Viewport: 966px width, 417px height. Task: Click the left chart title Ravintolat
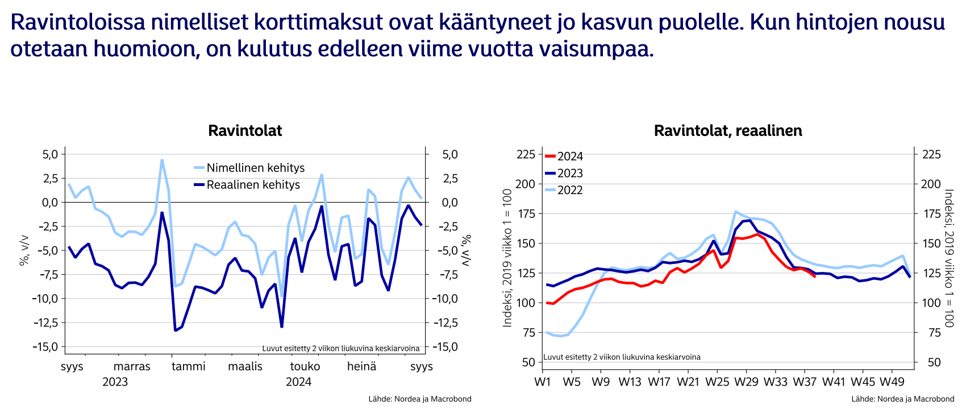(x=245, y=131)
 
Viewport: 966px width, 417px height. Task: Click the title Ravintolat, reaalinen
(x=728, y=131)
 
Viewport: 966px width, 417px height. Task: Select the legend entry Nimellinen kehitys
(x=255, y=168)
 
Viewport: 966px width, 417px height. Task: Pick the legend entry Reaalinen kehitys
(x=253, y=185)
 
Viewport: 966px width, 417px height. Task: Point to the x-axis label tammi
(x=189, y=366)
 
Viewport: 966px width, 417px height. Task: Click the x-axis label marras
(x=132, y=366)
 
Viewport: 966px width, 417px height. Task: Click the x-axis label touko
(x=305, y=366)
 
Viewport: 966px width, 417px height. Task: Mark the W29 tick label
(x=746, y=382)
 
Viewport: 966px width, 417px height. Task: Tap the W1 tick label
(x=543, y=382)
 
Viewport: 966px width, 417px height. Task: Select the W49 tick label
(x=892, y=382)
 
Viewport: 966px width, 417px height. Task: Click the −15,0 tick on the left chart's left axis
(x=45, y=347)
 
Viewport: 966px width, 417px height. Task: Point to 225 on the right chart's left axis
(x=525, y=155)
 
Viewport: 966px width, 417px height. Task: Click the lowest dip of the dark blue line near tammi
(x=175, y=330)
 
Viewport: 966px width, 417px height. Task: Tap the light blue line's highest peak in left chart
(x=162, y=160)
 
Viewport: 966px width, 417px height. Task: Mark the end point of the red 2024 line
(x=815, y=276)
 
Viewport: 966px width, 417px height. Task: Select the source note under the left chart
(x=419, y=399)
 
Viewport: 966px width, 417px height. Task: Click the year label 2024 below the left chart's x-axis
(x=298, y=382)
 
